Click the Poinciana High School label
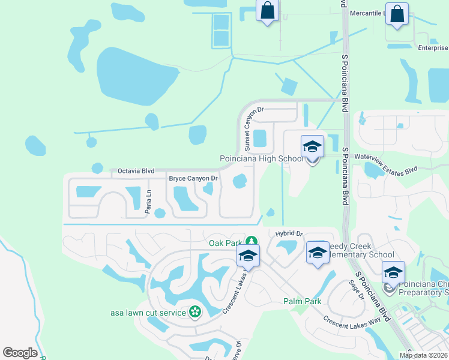261,158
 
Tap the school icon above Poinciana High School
312,146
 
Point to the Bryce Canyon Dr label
193,179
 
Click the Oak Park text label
225,243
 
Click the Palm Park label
302,301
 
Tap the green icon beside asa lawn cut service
194,311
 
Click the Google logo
20,353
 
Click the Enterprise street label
433,47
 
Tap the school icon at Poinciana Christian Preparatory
393,273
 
